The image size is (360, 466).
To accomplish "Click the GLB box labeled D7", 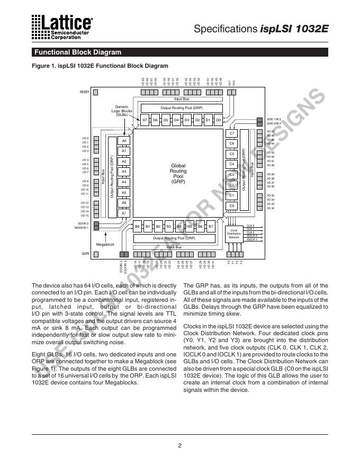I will pos(145,120).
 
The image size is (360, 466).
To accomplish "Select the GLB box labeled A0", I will pos(124,141).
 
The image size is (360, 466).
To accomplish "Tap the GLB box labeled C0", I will pos(231,205).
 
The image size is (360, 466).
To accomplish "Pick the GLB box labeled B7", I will pos(211,227).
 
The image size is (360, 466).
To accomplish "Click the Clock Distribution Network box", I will pos(234,231).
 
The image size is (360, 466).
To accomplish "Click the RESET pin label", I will pos(84,92).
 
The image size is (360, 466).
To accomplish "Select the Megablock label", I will pos(105,245).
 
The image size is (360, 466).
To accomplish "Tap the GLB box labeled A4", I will pos(124,182).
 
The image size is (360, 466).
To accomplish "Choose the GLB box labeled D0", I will pos(218,120).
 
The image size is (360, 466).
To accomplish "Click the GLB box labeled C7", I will pos(231,133).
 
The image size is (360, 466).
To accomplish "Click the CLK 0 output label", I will pos(251,226).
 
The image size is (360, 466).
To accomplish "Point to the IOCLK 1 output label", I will pos(252,239).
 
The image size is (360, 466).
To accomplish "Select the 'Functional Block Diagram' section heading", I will pos(77,52).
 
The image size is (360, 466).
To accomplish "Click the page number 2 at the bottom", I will pos(180,445).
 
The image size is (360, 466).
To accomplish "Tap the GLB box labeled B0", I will pos(137,227).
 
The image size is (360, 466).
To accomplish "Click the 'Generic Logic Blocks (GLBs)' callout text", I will pos(122,111).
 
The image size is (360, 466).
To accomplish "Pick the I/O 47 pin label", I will pos(271,131).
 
